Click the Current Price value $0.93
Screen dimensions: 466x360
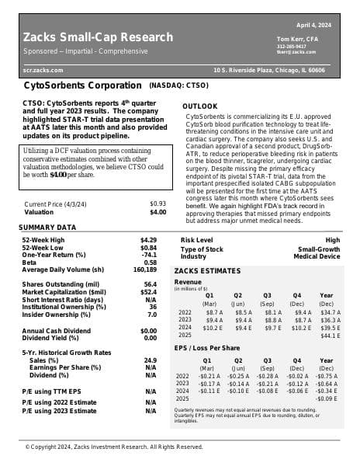pyautogui.click(x=157, y=203)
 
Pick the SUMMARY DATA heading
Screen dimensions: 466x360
pyautogui.click(x=47, y=228)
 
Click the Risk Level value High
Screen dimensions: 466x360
pyautogui.click(x=333, y=241)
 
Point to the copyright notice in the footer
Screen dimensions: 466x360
pyautogui.click(x=114, y=447)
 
